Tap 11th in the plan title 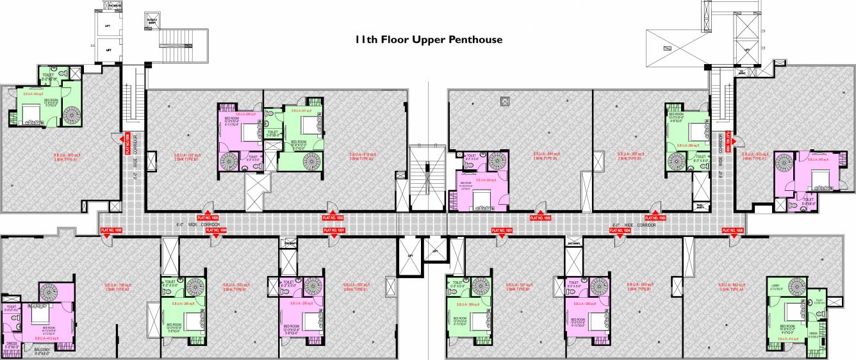point(366,40)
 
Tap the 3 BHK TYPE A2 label point(117,290)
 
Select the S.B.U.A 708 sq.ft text point(117,284)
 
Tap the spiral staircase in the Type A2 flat point(50,292)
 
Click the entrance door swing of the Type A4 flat point(733,240)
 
